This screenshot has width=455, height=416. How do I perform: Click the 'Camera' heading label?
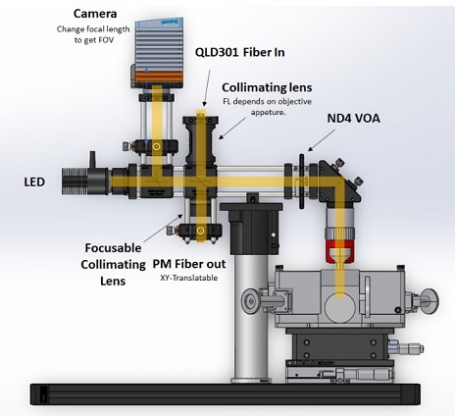pos(95,14)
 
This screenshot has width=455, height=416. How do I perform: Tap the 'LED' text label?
pos(34,182)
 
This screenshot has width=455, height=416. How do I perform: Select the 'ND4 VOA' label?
pos(354,119)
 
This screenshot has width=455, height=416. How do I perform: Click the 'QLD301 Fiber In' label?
pos(239,52)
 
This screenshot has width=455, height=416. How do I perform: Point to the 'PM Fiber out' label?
pos(189,264)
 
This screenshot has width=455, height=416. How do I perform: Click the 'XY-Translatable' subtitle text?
pos(189,278)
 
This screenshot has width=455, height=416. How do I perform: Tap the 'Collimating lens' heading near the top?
pos(267,87)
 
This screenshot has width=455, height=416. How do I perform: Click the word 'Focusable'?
pos(113,248)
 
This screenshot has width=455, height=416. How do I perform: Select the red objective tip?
pos(340,252)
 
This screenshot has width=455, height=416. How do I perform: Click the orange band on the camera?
pos(159,77)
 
